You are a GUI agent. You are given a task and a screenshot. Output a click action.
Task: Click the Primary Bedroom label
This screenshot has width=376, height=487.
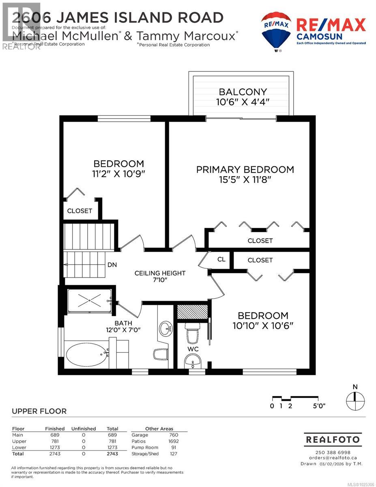[x=245, y=170]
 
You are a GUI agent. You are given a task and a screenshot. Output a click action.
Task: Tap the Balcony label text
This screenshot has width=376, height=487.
[x=243, y=92]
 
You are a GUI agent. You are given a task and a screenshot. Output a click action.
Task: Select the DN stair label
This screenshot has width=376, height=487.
[x=112, y=265]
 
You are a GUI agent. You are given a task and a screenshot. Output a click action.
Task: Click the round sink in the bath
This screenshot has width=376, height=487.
[x=165, y=328]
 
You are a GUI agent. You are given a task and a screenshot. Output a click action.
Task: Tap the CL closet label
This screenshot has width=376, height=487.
[x=221, y=259]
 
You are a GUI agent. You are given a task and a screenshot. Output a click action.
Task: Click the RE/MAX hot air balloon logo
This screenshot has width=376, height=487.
[x=275, y=31]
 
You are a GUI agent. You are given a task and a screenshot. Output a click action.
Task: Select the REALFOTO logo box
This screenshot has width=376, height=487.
[x=333, y=439]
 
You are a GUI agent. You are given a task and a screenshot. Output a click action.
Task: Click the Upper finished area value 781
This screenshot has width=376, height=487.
[x=55, y=441]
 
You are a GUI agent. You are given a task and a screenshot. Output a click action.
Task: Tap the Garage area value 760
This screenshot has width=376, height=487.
[x=174, y=435]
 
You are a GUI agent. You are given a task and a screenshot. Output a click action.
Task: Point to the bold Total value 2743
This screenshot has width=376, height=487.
[x=112, y=454]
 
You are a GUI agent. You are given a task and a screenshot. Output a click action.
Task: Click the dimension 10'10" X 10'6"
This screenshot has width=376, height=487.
[x=263, y=325]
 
